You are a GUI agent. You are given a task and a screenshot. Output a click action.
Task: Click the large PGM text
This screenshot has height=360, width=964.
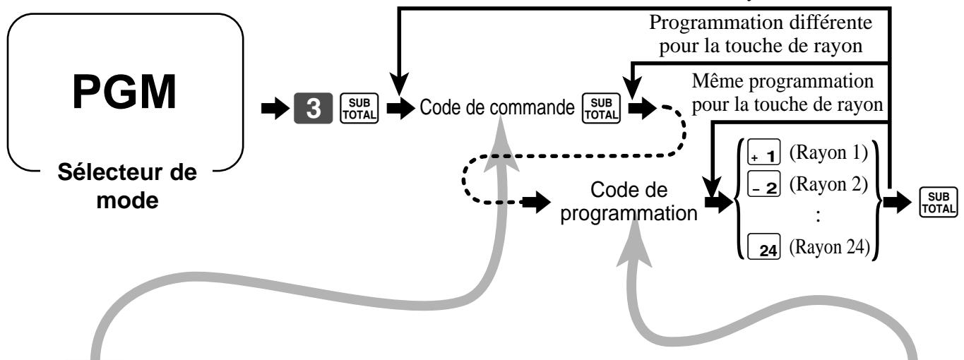coord(124,92)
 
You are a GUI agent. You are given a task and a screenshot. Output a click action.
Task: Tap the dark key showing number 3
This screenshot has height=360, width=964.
coord(314,108)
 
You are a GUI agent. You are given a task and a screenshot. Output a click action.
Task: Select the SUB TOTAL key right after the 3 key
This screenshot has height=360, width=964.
coord(359,108)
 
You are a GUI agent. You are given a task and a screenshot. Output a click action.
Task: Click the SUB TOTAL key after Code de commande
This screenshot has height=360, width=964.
coord(601,108)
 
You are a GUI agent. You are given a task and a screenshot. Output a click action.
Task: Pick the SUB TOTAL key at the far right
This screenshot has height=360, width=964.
coord(938,202)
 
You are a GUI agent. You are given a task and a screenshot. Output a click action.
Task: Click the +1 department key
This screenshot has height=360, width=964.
coord(764,152)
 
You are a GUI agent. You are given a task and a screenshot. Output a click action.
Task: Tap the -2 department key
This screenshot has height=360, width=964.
coord(764,184)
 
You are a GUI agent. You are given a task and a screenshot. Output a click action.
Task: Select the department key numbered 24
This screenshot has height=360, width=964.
coord(764,246)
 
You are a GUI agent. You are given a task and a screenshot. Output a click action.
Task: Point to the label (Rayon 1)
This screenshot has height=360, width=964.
coord(828,152)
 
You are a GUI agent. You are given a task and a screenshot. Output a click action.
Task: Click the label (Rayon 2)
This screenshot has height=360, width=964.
coord(828,184)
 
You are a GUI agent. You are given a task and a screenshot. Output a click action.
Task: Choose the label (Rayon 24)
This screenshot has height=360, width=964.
coord(830,247)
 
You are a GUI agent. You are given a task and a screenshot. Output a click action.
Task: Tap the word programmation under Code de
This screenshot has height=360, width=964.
coord(629,213)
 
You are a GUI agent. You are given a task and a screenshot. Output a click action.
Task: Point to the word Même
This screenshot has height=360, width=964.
coord(718,81)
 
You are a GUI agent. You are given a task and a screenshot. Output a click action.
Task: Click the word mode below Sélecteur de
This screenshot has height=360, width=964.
coord(127,200)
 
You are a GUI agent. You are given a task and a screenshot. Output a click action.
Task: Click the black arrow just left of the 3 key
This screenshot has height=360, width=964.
coord(275,108)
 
